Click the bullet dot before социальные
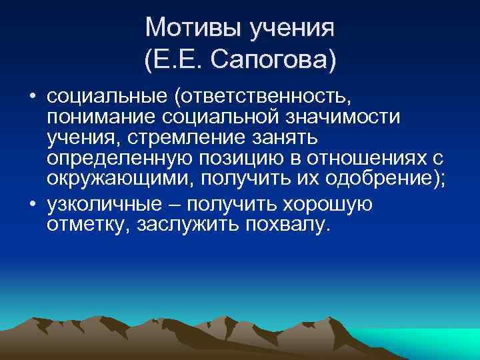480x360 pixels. tap(32, 99)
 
